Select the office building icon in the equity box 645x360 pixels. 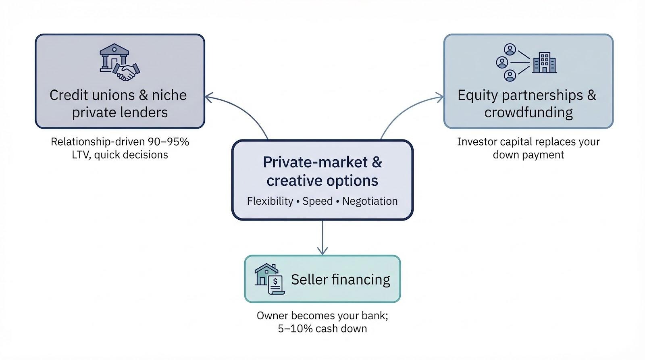click(544, 63)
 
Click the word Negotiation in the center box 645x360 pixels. click(370, 201)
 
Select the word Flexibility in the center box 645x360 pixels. click(270, 201)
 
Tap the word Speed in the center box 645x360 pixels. click(317, 201)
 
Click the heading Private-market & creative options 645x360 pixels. click(322, 171)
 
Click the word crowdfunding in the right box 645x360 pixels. click(528, 112)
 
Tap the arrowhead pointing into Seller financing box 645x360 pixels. click(322, 251)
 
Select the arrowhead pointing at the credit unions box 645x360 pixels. click(208, 97)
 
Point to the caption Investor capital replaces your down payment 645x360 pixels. click(528, 148)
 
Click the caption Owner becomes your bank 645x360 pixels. click(322, 315)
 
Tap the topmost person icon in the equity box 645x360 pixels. click(510, 50)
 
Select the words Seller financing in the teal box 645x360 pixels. click(340, 279)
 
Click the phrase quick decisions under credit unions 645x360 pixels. click(131, 155)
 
